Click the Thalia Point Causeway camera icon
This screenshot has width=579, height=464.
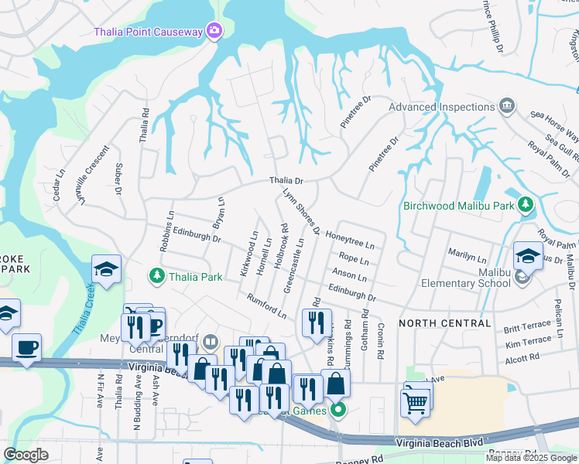tap(214, 32)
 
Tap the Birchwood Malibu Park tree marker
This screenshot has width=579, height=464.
tap(526, 205)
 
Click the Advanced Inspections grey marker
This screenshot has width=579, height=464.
tap(507, 106)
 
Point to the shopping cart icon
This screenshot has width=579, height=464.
tap(416, 401)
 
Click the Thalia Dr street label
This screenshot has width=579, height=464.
tap(286, 181)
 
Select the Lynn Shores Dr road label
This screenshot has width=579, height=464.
tap(301, 211)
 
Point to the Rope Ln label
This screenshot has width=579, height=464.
tap(353, 259)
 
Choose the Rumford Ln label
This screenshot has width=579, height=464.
tap(266, 305)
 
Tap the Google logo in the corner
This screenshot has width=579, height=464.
tap(26, 455)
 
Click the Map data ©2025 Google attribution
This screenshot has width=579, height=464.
tap(531, 458)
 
